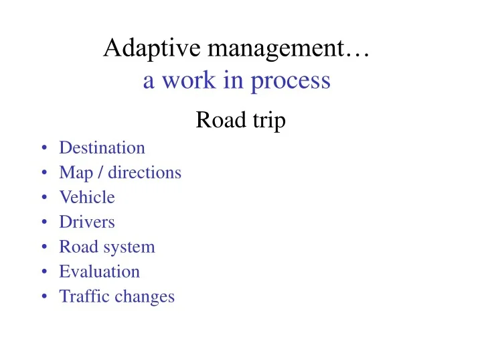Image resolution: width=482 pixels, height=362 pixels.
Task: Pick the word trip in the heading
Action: click(266, 122)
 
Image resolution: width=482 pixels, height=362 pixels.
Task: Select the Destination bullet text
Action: click(102, 147)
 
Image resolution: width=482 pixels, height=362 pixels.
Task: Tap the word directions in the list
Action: click(145, 172)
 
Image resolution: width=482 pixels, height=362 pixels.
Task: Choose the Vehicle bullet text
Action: click(87, 197)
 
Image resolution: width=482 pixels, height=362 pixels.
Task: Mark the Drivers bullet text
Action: click(87, 222)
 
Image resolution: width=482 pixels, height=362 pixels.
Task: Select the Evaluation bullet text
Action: click(99, 271)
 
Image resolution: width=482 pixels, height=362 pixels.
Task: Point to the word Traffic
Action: click(80, 296)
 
